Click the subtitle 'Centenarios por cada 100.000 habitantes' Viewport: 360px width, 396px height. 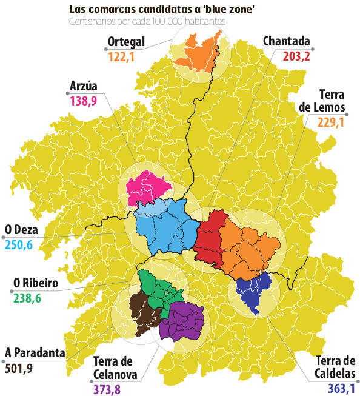click(147, 22)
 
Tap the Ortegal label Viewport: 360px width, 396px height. click(126, 42)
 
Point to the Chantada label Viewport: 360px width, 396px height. click(287, 42)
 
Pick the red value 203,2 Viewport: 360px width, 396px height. click(296, 57)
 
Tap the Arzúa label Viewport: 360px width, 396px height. click(84, 86)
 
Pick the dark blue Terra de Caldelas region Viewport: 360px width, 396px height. click(253, 292)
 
